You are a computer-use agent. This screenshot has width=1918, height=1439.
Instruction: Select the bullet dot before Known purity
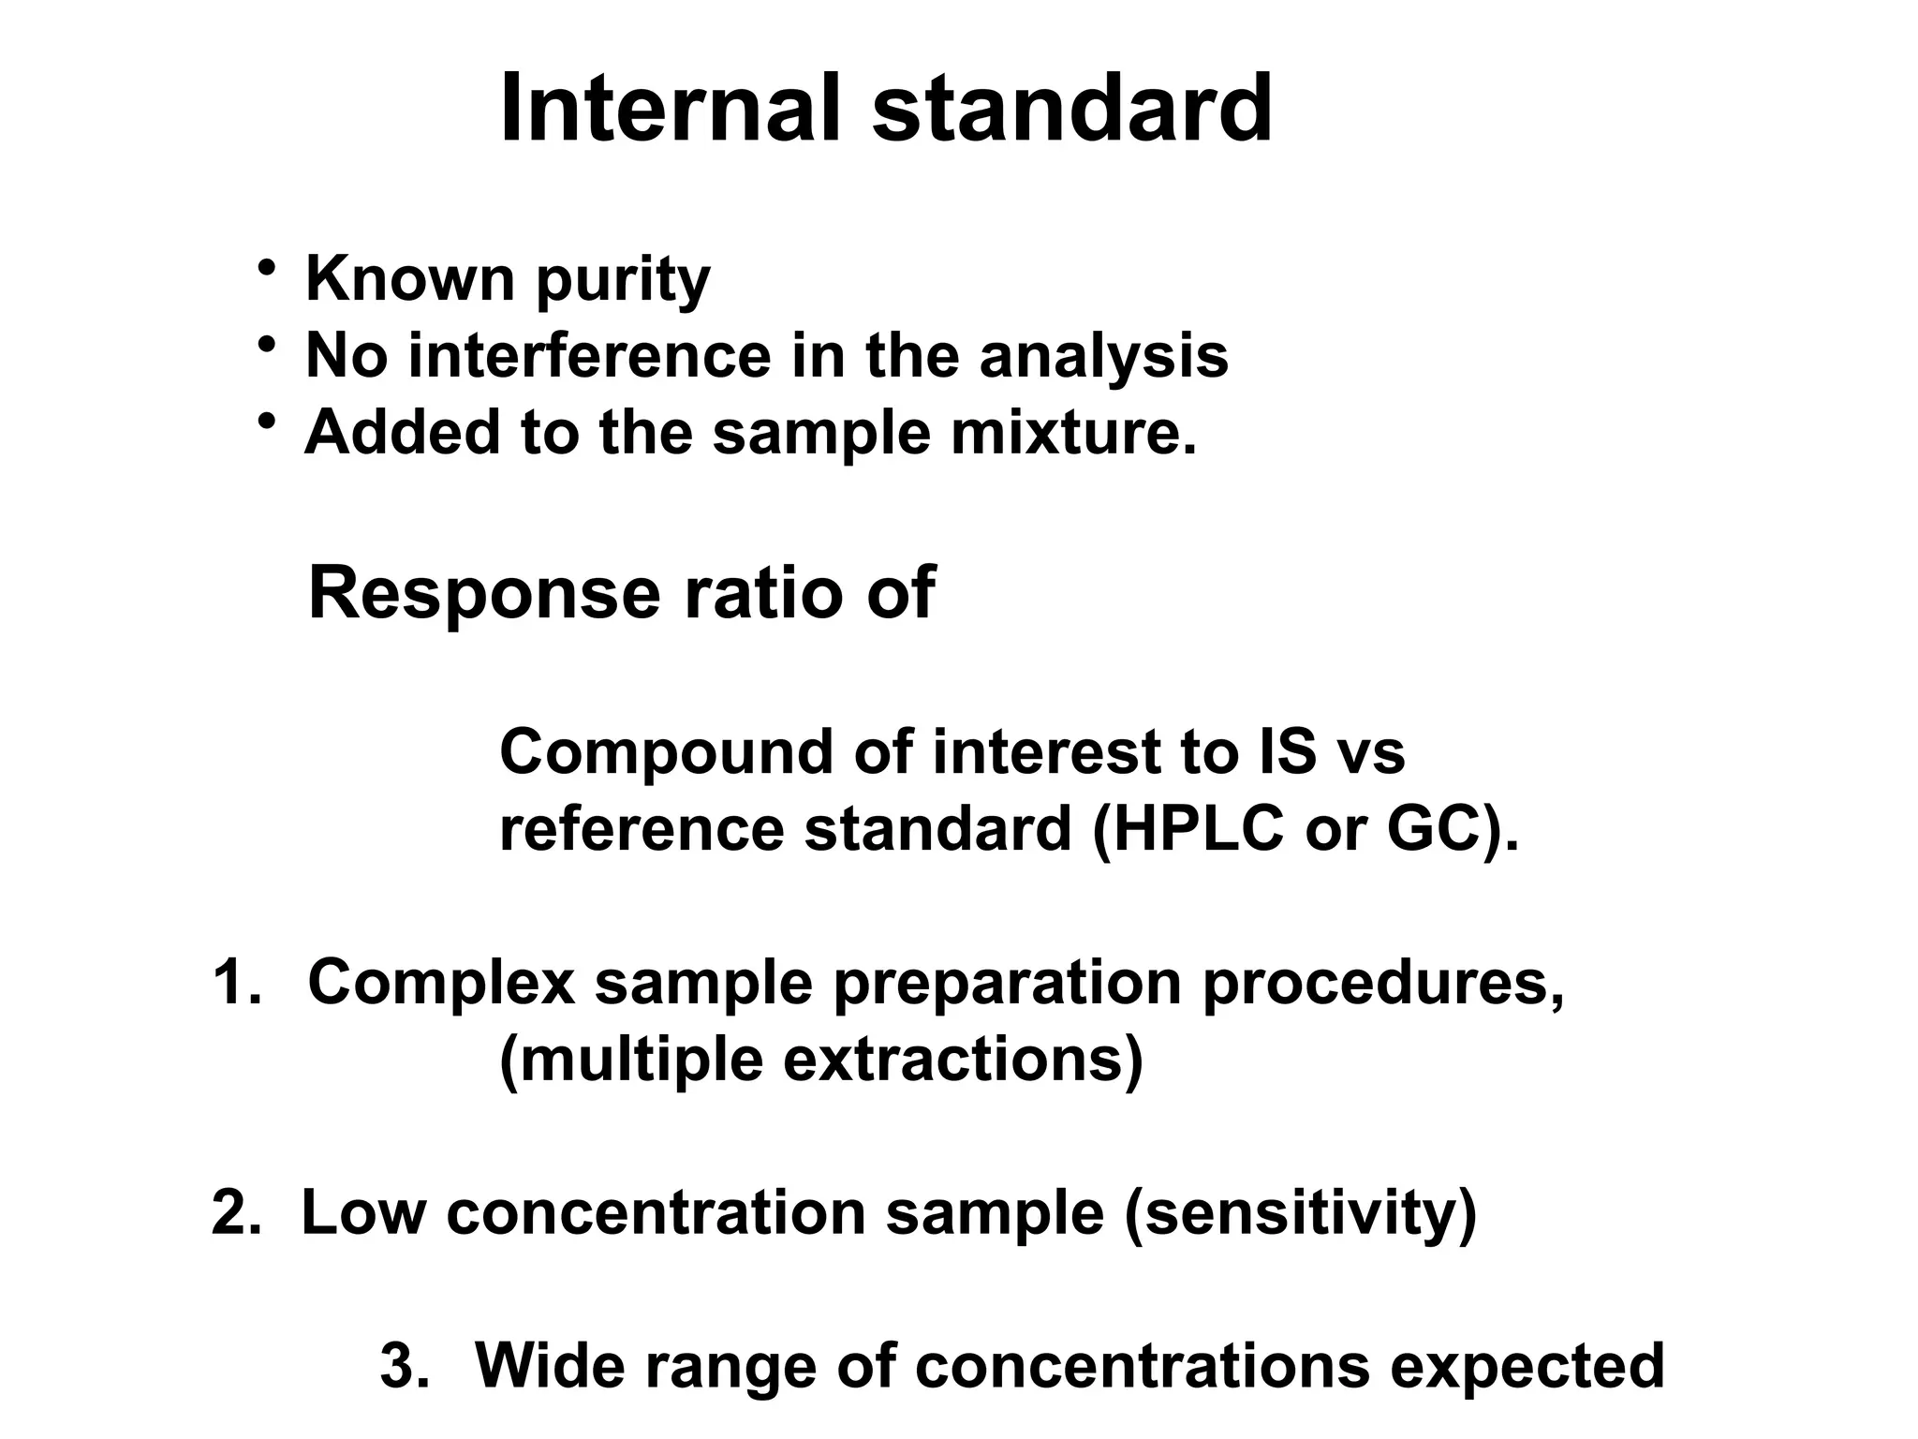pyautogui.click(x=268, y=269)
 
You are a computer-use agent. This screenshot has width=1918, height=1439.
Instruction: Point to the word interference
pyautogui.click(x=589, y=357)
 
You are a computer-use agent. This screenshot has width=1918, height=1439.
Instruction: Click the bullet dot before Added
pyautogui.click(x=268, y=422)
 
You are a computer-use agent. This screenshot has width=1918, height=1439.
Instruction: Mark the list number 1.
pyautogui.click(x=236, y=983)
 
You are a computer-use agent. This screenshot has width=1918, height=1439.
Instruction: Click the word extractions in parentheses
pyautogui.click(x=952, y=1060)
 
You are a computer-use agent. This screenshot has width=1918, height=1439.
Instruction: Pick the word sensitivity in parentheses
pyautogui.click(x=1300, y=1215)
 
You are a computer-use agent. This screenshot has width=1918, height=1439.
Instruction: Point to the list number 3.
pyautogui.click(x=405, y=1367)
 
